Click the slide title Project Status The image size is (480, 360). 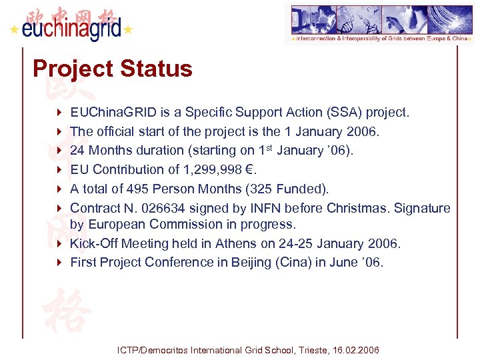112,69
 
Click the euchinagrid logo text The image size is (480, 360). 72,29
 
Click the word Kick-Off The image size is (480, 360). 93,243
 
